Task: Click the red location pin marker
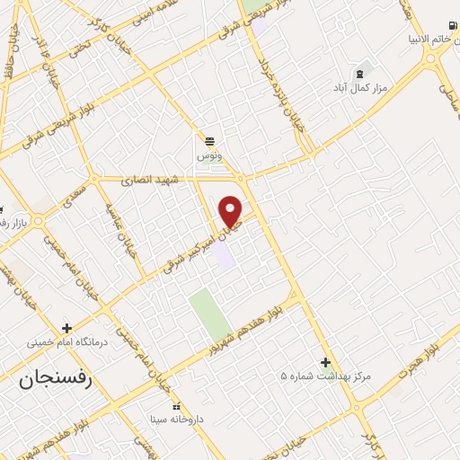232,211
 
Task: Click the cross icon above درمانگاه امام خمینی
67,328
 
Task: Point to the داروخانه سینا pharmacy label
177,420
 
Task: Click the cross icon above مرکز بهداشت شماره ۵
325,362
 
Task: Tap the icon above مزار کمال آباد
360,72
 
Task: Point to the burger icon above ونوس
208,141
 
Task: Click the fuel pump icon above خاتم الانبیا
450,24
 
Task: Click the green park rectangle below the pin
210,314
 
